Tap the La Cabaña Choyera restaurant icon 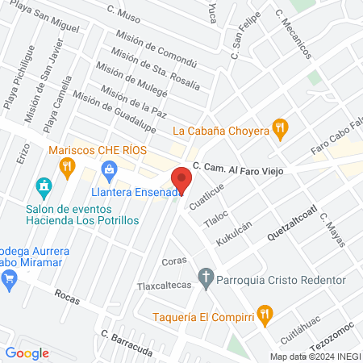280,127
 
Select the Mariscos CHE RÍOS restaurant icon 67,165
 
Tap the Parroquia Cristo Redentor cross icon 207,280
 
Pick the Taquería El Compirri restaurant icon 263,313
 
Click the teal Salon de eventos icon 44,189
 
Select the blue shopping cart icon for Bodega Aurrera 10,280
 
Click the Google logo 27,353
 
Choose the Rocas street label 67,297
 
